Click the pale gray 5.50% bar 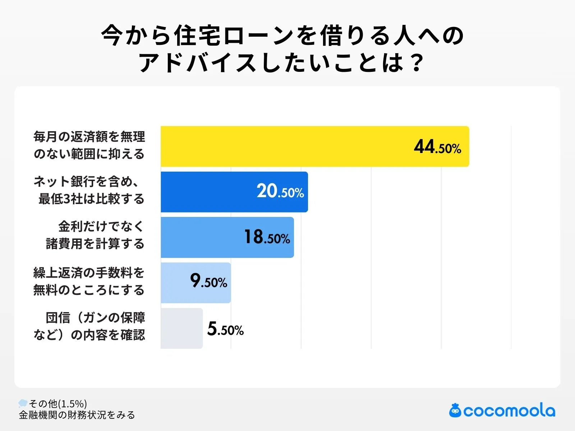181,328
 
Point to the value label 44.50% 437,147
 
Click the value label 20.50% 280,191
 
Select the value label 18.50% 267,237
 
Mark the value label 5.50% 225,329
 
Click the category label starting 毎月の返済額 89,145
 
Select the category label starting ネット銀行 89,190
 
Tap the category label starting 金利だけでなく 95,235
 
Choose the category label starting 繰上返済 89,281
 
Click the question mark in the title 417,63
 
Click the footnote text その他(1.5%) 58,404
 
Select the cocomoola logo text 509,411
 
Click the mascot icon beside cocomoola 455,411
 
